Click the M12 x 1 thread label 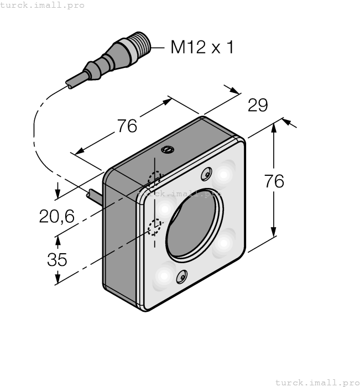pos(202,47)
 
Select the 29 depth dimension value pos(258,105)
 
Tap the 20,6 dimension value pos(56,216)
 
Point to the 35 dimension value pos(57,259)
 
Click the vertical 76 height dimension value pos(274,181)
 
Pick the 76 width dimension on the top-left pos(127,125)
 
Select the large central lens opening pos(194,225)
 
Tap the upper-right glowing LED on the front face pos(224,175)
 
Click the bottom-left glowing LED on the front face pos(164,275)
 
